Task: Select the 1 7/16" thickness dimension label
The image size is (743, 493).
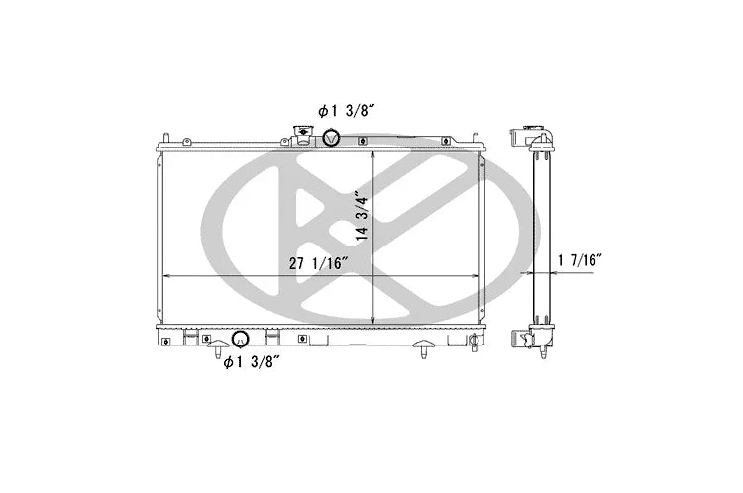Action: point(580,260)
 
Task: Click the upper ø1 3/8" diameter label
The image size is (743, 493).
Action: point(347,111)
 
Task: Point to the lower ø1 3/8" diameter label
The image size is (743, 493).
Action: point(252,362)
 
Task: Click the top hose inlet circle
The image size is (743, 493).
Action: point(331,138)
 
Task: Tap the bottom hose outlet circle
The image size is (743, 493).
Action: point(240,339)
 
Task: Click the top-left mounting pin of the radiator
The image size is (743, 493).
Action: point(166,138)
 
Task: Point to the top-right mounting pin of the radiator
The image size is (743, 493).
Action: point(475,138)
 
